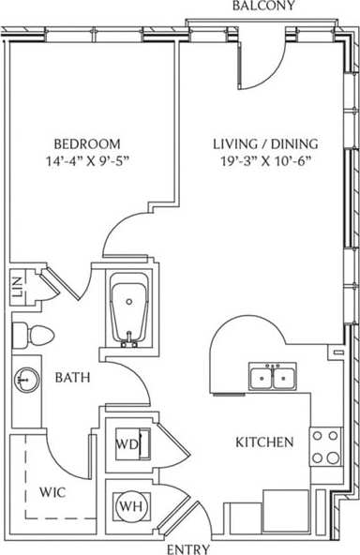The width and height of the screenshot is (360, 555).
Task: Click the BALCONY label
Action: tap(263, 7)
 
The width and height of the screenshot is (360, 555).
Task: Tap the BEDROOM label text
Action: tap(86, 143)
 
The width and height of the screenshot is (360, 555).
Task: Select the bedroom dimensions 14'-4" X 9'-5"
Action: tap(86, 160)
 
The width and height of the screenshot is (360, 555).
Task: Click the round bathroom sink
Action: tap(25, 380)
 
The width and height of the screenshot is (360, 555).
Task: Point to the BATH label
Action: tap(72, 379)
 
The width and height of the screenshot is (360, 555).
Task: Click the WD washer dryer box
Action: tap(128, 444)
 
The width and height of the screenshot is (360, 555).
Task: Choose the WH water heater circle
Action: tap(128, 507)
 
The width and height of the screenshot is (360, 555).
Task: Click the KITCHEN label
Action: tap(264, 442)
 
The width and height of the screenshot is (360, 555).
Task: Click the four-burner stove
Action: tap(325, 446)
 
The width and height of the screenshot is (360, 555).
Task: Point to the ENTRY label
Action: tap(187, 547)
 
